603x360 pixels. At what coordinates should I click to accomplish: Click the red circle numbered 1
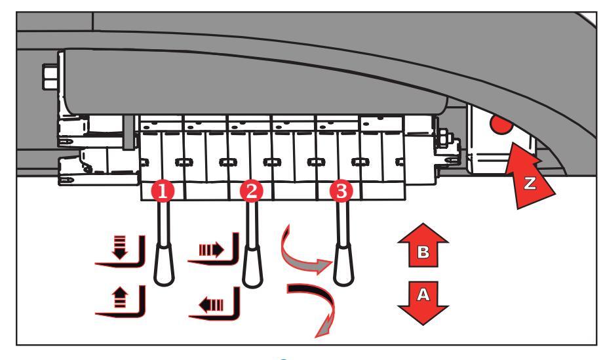(162, 191)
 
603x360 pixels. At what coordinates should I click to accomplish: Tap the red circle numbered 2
(251, 191)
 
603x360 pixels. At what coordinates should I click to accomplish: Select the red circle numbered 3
(340, 191)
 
